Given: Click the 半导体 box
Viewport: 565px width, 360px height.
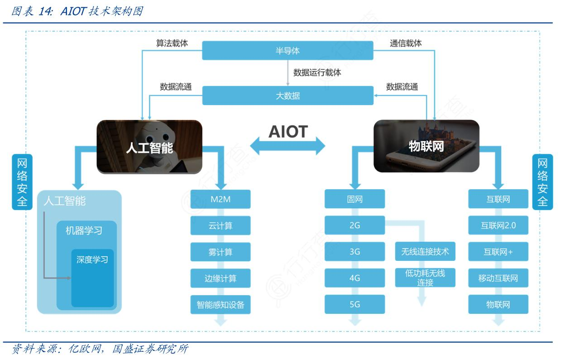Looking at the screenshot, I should click(x=287, y=50).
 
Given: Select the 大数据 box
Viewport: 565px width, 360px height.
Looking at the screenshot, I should click(x=287, y=96).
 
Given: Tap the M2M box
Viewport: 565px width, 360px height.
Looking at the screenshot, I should click(x=220, y=199).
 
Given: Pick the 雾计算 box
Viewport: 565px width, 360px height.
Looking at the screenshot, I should click(x=220, y=252).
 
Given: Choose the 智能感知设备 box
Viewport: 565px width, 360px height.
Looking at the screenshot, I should click(x=220, y=305).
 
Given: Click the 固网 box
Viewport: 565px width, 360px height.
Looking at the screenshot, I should click(x=354, y=199).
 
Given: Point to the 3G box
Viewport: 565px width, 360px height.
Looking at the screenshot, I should click(x=354, y=252).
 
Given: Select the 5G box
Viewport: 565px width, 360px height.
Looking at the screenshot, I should click(x=354, y=304).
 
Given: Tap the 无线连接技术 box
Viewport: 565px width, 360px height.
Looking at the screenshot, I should click(x=425, y=252).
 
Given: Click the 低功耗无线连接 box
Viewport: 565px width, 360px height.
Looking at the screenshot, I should click(x=425, y=278).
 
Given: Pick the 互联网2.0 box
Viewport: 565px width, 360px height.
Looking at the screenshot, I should click(x=498, y=226).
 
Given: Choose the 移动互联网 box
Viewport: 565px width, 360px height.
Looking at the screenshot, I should click(x=498, y=278).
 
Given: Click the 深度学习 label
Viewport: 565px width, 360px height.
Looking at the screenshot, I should click(x=92, y=260).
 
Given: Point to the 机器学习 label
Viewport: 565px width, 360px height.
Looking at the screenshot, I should click(x=84, y=231).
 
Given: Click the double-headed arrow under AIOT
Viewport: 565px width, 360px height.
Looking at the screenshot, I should click(x=288, y=146).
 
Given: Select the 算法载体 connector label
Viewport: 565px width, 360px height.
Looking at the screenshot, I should click(x=172, y=43).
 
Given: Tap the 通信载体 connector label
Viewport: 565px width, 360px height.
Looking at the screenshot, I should click(x=406, y=43).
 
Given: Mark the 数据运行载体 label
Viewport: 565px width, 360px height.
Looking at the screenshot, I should click(x=317, y=72).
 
